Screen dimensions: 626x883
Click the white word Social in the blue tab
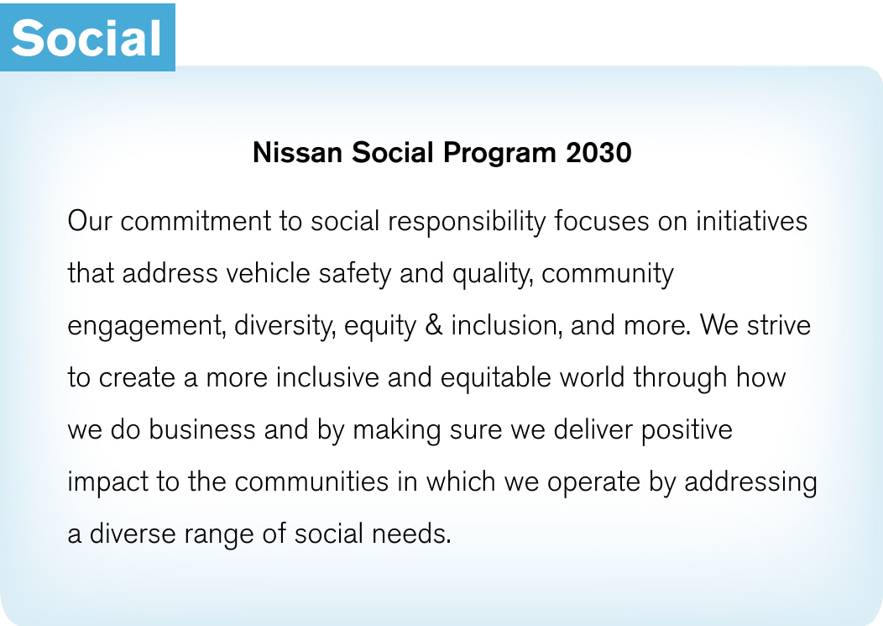(x=86, y=37)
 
